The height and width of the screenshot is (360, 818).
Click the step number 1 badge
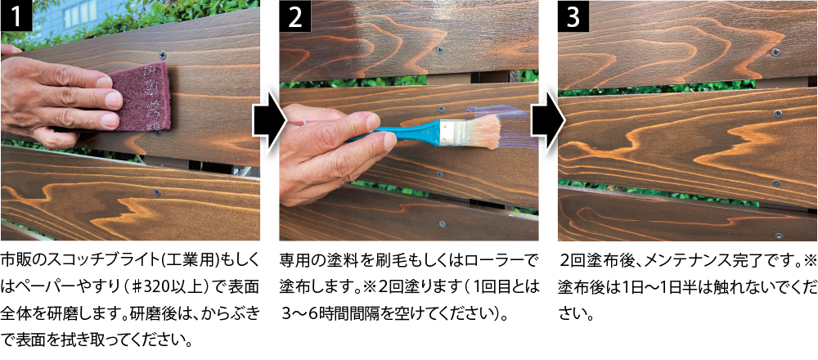point(17,16)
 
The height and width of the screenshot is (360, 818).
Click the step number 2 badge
point(296,16)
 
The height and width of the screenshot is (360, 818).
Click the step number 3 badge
point(574,16)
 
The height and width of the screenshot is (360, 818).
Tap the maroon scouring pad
point(141,97)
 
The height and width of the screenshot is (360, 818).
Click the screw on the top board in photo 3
point(775,52)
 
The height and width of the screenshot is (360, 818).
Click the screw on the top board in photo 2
point(442,51)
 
